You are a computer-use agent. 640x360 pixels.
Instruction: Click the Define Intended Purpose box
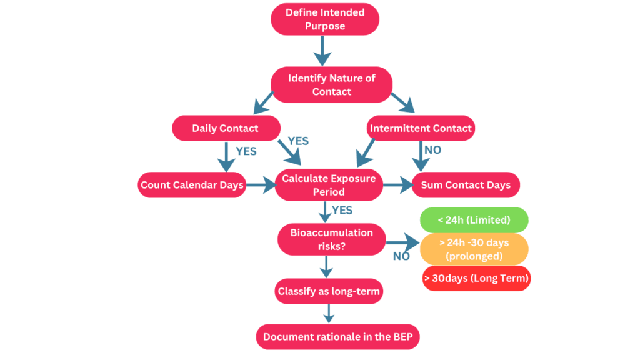(x=324, y=19)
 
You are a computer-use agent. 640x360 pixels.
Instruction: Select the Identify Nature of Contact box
(x=331, y=84)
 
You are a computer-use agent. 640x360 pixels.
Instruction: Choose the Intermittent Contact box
(x=421, y=128)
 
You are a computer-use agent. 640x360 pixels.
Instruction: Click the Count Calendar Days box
(x=192, y=185)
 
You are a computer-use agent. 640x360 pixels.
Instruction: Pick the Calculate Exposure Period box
(x=329, y=185)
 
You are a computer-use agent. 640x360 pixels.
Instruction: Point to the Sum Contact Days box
(x=466, y=185)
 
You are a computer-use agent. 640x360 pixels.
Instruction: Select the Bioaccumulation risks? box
(x=331, y=239)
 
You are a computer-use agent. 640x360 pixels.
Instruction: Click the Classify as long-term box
(x=329, y=291)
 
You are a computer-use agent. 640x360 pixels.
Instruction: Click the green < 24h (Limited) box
(x=474, y=220)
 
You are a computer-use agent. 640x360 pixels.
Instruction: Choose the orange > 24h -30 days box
(x=474, y=249)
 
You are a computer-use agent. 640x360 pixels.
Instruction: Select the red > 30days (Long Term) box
(x=476, y=278)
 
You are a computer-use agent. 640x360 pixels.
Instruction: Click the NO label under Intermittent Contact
(x=433, y=151)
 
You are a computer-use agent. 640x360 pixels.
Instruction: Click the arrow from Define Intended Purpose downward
(x=322, y=50)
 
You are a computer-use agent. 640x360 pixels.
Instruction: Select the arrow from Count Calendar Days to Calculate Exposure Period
(x=261, y=185)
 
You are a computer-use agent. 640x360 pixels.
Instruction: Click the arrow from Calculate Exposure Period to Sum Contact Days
(x=397, y=185)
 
